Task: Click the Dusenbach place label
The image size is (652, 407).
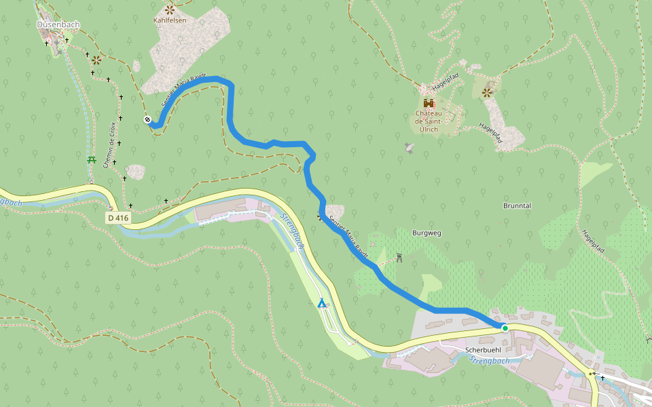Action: tap(58, 25)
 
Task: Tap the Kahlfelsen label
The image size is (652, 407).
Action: tap(170, 20)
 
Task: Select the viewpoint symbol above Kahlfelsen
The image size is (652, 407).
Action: tap(169, 9)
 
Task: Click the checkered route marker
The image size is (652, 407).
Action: tap(147, 120)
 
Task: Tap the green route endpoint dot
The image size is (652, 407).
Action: tap(505, 328)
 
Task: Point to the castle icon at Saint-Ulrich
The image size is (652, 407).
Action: tap(429, 103)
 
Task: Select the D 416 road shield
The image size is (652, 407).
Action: tap(118, 218)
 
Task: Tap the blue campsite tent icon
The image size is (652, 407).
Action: tap(321, 303)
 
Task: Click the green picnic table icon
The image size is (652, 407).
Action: tap(92, 159)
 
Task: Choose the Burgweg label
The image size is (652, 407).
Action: tap(427, 233)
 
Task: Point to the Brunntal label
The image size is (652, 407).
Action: tap(517, 206)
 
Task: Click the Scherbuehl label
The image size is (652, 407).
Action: tap(483, 350)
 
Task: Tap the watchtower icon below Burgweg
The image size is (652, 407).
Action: tap(399, 258)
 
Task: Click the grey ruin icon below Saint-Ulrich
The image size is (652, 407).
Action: tap(409, 147)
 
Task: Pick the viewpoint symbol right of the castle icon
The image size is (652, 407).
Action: tap(487, 92)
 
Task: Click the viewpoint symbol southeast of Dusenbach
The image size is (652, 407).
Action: tap(96, 60)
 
